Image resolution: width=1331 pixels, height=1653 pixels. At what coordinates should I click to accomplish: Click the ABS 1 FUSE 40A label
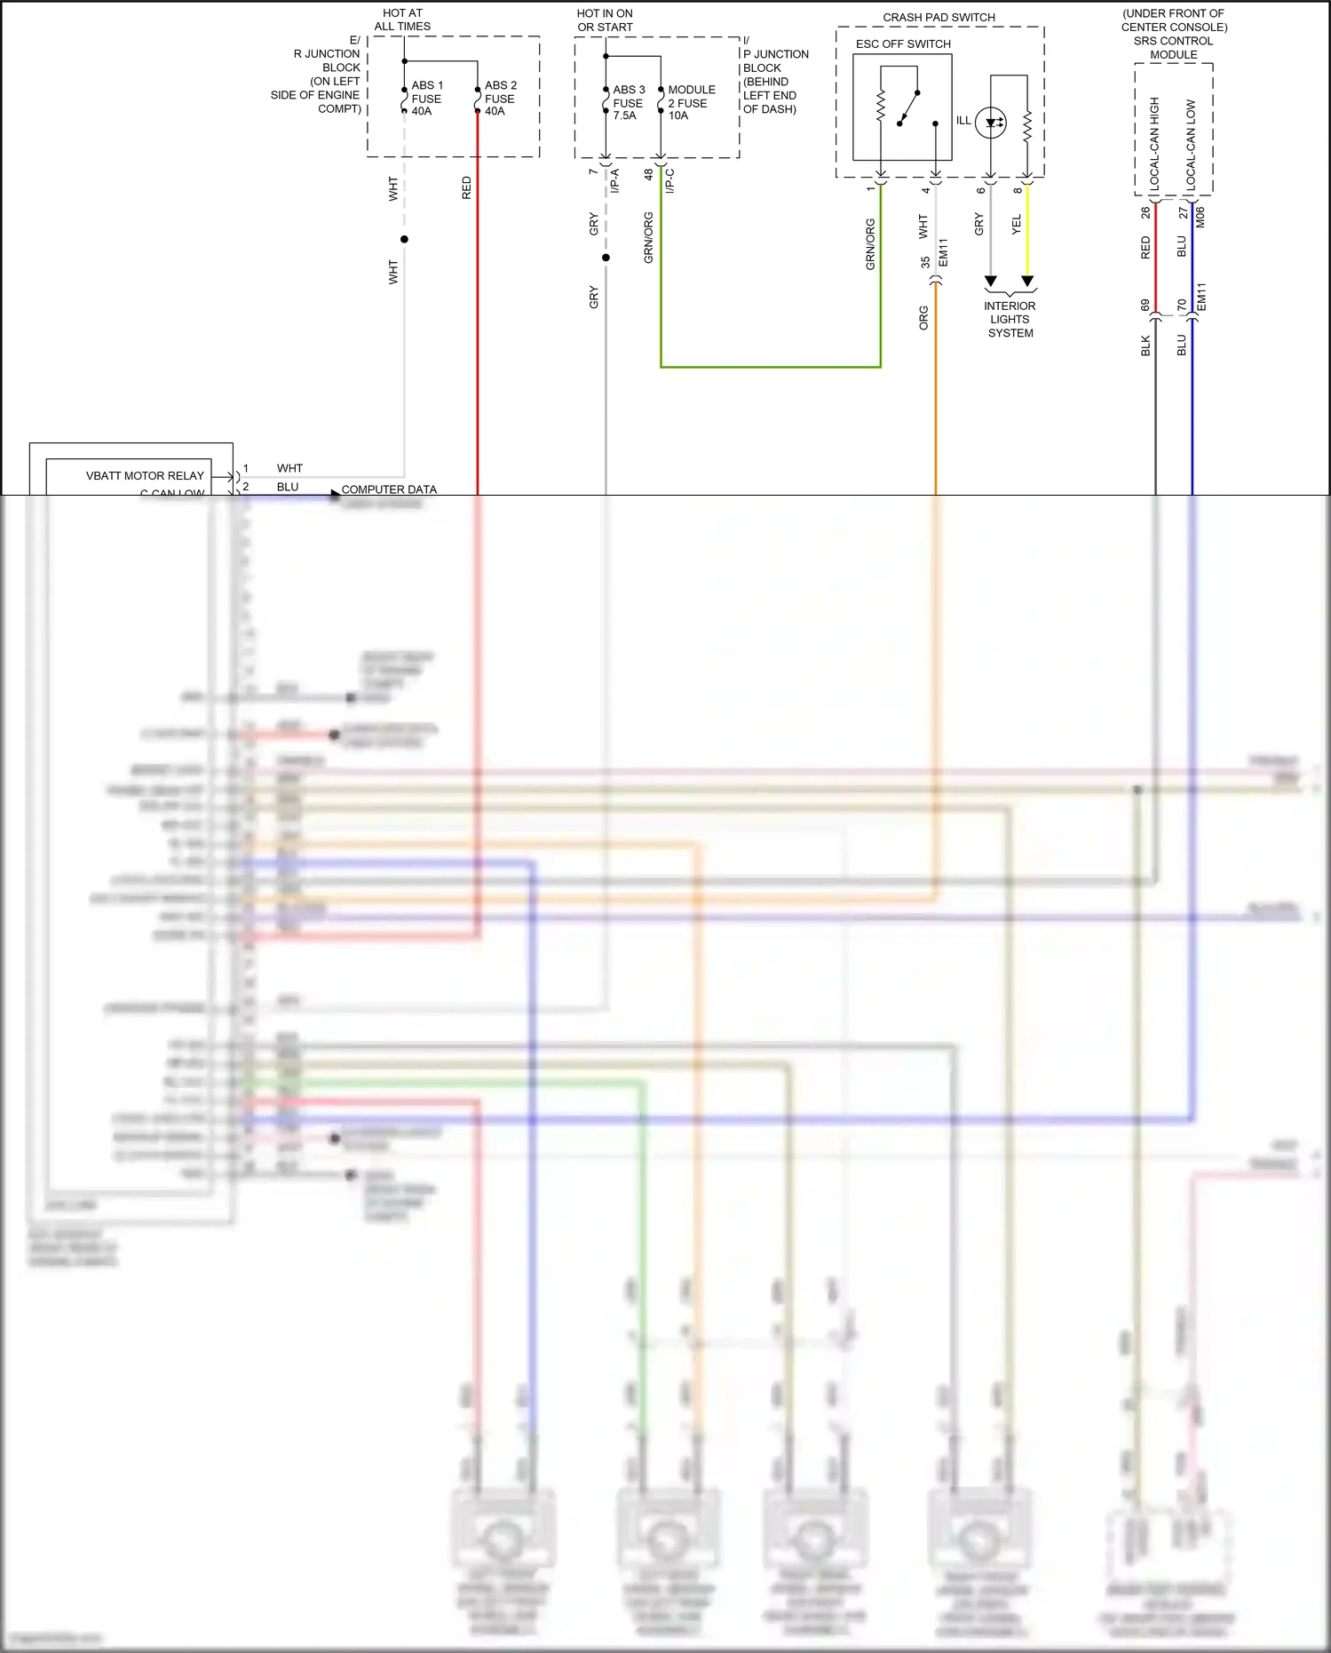coord(426,99)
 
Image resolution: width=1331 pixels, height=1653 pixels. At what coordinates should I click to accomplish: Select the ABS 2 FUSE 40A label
coord(500,99)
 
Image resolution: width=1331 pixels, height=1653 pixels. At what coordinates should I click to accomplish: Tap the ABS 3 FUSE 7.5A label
coord(628,103)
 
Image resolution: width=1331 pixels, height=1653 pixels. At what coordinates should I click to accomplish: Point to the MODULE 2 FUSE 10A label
coord(691,103)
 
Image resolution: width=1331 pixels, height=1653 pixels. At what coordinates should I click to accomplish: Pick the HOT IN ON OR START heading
coord(605,20)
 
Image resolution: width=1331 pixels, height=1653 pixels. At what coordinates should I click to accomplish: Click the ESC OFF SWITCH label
coord(903,44)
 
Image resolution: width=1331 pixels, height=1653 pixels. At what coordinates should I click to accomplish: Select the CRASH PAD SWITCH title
coord(939,17)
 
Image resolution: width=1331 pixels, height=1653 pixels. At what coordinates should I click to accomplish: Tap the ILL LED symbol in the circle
coord(991,123)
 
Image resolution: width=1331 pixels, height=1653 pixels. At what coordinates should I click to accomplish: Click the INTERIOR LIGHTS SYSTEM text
coord(1010,320)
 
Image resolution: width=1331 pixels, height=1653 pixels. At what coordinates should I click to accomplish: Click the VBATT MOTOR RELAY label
coord(145,475)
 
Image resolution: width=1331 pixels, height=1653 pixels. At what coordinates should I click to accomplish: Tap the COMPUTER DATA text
coord(389,489)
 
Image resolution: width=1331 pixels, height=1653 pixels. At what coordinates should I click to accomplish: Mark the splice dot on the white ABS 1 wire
coord(404,240)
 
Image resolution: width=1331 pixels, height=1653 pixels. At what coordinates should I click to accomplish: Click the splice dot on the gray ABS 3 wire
coord(606,258)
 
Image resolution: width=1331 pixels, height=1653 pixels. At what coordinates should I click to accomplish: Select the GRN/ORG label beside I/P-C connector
coord(649,237)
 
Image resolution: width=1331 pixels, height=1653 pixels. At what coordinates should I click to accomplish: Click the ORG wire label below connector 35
coord(923,318)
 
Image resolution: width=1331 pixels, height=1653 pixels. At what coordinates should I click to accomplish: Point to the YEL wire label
coord(1017,225)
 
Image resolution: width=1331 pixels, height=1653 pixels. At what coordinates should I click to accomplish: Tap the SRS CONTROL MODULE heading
coord(1173,47)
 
